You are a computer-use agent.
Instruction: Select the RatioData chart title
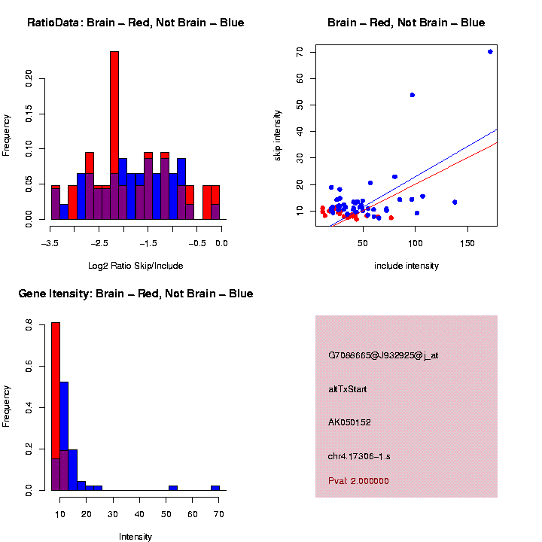(x=135, y=23)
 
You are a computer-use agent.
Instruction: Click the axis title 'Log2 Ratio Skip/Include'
(x=135, y=266)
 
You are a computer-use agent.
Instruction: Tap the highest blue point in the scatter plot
(x=490, y=52)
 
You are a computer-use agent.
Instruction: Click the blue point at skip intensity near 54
(x=413, y=95)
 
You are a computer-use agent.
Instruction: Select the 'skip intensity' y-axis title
(x=278, y=135)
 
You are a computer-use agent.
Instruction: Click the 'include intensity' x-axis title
(x=406, y=266)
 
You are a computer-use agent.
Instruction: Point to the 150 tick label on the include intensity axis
(x=469, y=243)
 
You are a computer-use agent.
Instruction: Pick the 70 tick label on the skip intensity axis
(x=300, y=52)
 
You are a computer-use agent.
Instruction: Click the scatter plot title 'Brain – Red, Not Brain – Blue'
(x=406, y=23)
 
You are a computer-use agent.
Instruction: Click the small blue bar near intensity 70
(x=215, y=488)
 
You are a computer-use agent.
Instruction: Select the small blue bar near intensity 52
(x=173, y=488)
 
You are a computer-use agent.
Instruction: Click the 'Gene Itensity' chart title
(x=135, y=294)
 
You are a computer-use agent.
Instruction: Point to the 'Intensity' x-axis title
(x=135, y=537)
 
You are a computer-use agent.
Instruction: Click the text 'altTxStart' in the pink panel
(x=348, y=389)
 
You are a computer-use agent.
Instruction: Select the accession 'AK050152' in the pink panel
(x=350, y=422)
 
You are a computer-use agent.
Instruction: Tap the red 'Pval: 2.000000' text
(x=358, y=481)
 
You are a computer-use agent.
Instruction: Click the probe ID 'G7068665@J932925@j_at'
(x=383, y=355)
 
